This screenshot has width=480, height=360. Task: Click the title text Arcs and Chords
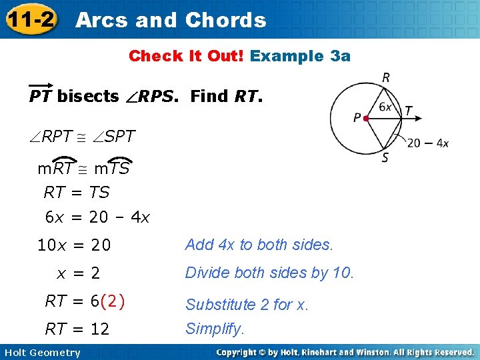coord(171,20)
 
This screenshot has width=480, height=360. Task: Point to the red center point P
coord(366,119)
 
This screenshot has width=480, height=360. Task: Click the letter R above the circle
coord(386,78)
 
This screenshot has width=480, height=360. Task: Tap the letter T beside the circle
coord(408,110)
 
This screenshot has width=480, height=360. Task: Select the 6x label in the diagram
coord(385,107)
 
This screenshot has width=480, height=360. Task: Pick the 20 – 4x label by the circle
coord(427,143)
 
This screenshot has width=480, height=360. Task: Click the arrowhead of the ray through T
coord(419,119)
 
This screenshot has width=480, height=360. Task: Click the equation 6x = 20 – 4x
coord(97,217)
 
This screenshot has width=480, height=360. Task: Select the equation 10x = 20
coord(74,245)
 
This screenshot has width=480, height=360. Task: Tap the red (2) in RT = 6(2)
coord(113,301)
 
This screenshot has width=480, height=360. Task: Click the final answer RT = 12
coord(77,329)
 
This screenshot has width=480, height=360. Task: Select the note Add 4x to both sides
coord(259,245)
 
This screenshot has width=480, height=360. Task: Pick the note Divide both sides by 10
coord(270,273)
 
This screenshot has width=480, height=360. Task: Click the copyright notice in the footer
coord(345,352)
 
